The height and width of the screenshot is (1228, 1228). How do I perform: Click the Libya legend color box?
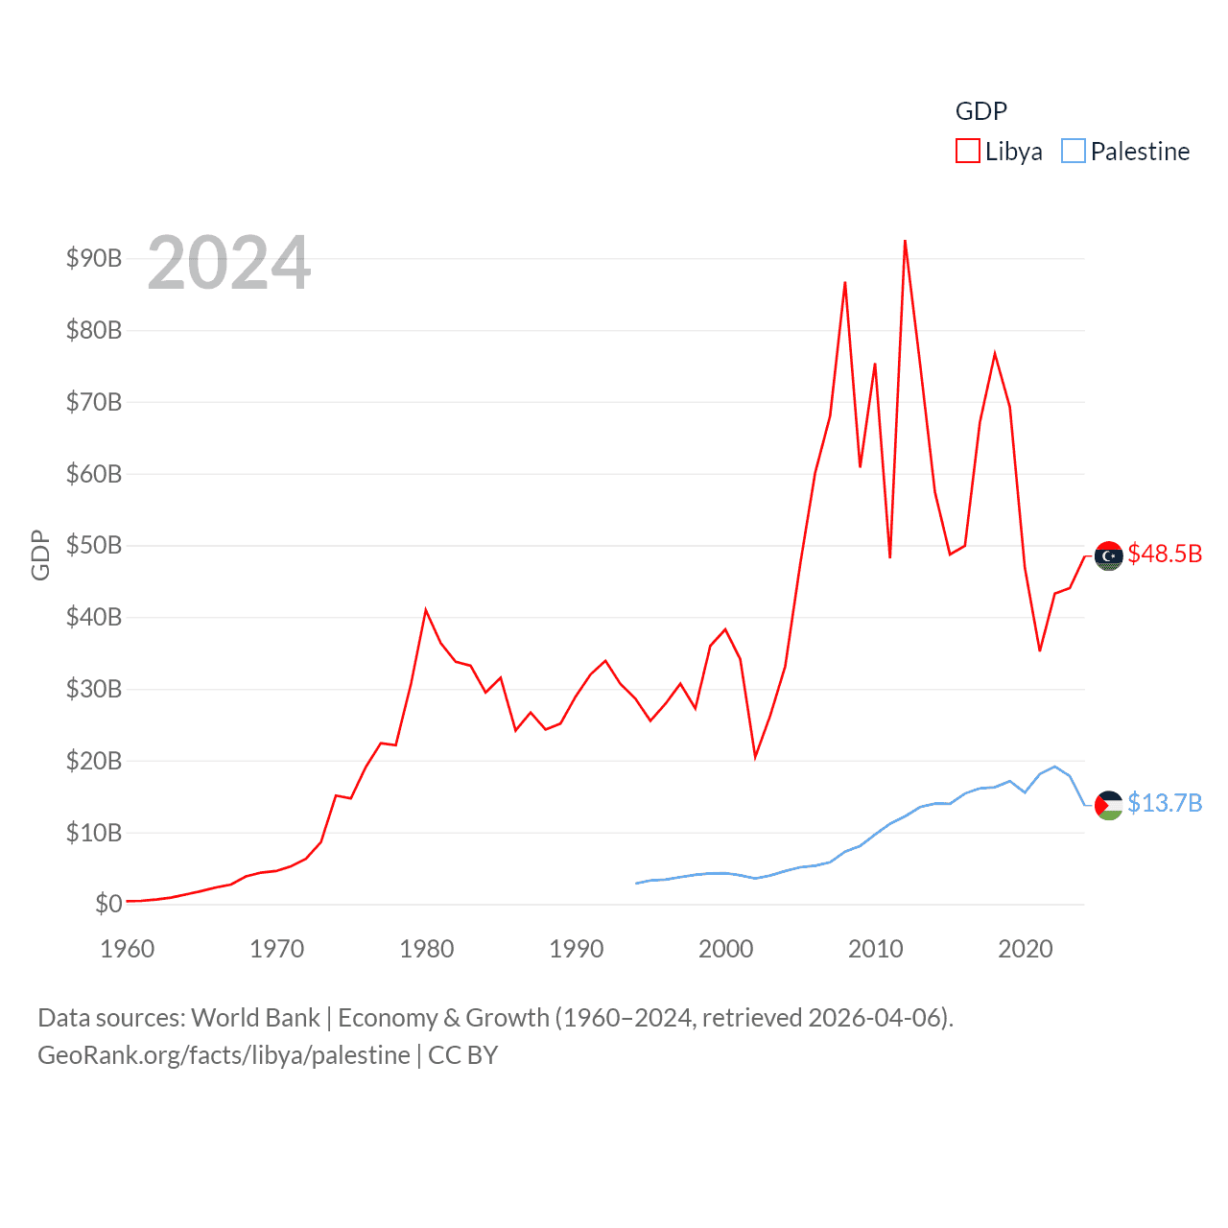click(967, 152)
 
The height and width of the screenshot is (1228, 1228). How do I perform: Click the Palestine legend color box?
click(1073, 152)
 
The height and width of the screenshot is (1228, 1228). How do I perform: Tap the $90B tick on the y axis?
click(94, 258)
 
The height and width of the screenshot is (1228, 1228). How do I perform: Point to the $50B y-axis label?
click(94, 545)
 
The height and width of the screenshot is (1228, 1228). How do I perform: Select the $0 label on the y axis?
click(108, 904)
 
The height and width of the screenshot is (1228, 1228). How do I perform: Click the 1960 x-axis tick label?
click(128, 949)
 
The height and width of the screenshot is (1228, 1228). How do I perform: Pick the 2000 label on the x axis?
click(725, 949)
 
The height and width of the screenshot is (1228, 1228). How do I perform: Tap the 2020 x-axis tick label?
click(1025, 949)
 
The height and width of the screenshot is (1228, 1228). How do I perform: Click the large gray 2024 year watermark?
click(229, 263)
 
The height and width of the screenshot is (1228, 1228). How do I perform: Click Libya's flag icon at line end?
click(1108, 555)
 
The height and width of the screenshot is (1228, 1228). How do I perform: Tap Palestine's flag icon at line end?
click(1108, 805)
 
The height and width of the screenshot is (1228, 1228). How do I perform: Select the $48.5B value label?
click(1165, 554)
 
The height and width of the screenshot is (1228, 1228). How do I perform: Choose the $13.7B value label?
click(1165, 803)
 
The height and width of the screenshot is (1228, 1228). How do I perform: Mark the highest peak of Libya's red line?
click(905, 241)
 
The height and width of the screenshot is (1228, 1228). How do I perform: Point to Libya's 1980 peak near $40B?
click(426, 610)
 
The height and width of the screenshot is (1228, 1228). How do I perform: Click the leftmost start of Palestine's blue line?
click(636, 883)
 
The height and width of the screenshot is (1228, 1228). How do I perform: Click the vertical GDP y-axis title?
click(40, 555)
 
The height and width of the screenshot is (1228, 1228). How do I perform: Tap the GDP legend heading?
click(980, 111)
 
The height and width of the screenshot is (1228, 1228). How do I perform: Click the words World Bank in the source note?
click(255, 1017)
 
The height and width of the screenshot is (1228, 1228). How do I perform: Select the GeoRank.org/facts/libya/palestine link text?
click(224, 1055)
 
